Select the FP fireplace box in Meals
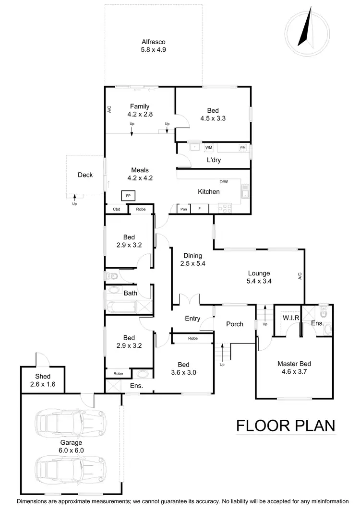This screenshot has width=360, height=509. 128,196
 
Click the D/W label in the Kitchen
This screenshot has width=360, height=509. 224,182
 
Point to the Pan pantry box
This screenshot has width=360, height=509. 184,209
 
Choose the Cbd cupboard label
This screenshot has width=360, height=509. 116,209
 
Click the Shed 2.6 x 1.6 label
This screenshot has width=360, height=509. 43,380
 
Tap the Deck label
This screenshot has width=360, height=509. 85,175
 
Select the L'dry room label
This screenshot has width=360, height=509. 214,160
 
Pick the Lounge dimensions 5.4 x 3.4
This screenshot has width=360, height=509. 259,282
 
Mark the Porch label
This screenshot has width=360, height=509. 234,324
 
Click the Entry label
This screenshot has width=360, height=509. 192,319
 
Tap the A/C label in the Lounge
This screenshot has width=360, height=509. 300,276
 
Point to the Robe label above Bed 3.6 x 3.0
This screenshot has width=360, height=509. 192,338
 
